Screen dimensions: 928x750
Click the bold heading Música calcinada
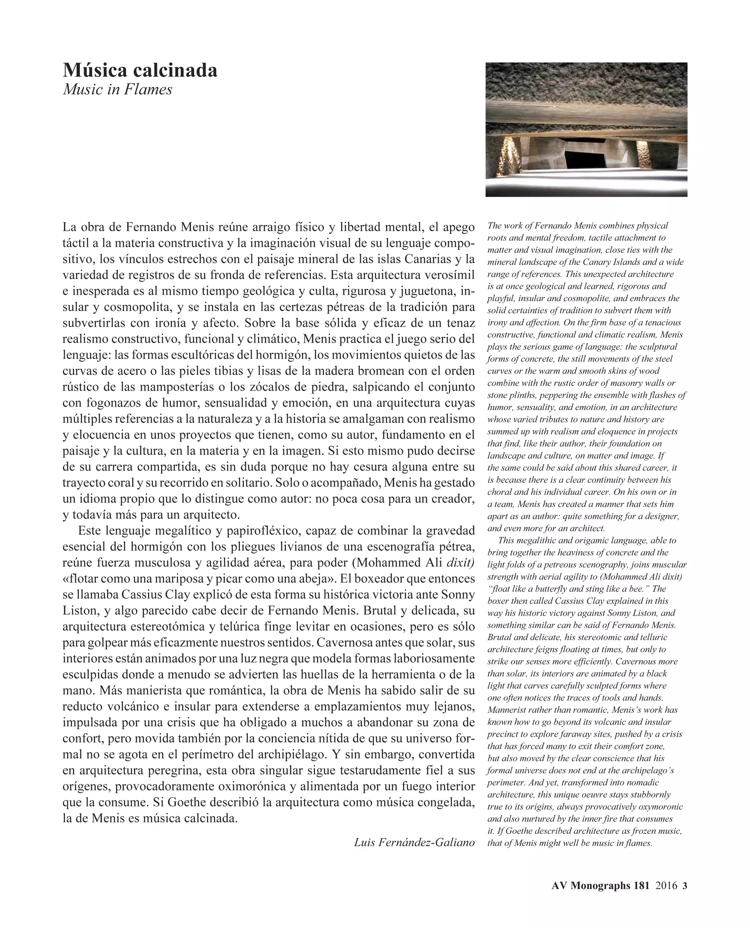click(x=140, y=70)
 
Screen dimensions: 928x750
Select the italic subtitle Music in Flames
click(x=117, y=90)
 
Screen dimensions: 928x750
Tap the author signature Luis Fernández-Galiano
click(x=414, y=842)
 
